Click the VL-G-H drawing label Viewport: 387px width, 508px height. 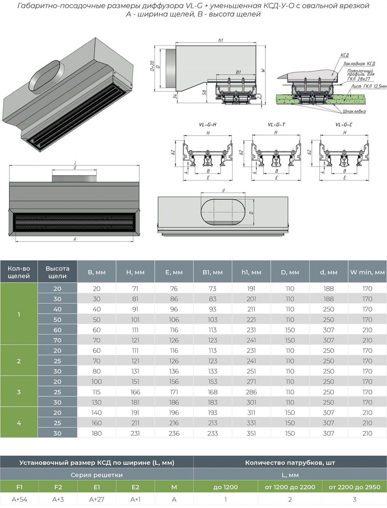(208, 125)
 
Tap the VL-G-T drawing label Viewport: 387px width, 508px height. (276, 125)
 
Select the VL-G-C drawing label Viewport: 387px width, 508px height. (344, 125)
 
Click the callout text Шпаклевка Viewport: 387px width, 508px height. (354, 112)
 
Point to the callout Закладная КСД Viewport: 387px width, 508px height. (359, 64)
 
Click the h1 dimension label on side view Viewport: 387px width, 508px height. (221, 40)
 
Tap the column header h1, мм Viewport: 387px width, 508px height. (251, 272)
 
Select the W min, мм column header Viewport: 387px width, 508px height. (367, 272)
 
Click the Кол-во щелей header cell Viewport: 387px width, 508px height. (19, 272)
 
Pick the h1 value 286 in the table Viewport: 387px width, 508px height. (251, 392)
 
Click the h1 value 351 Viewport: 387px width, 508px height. (251, 433)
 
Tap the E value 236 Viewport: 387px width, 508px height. (174, 433)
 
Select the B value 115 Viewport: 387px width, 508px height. (96, 392)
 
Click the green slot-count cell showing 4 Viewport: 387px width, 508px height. (19, 423)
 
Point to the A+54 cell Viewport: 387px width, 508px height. (20, 499)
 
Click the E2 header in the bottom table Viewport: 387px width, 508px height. (135, 487)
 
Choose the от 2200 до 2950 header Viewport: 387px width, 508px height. (354, 487)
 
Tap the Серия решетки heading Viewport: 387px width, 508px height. (96, 475)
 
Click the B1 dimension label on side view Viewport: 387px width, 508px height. (238, 73)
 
